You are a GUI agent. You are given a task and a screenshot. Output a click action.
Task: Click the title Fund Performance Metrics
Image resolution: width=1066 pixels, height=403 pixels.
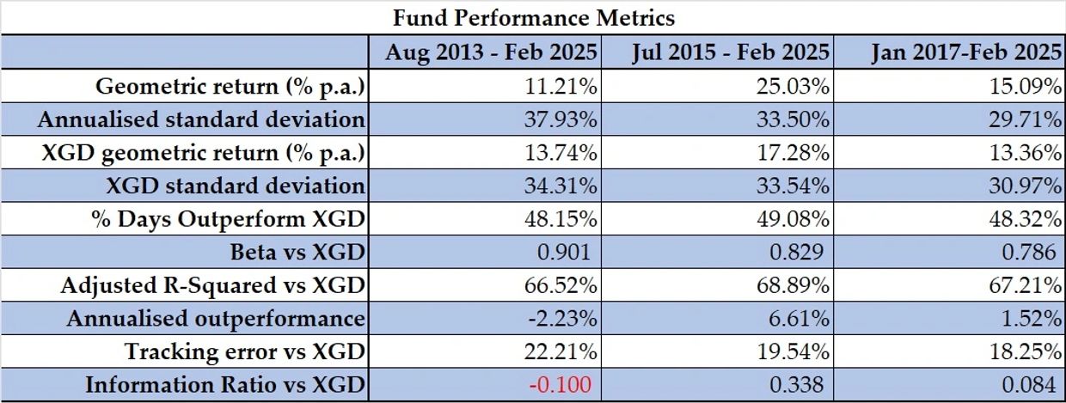point(533,16)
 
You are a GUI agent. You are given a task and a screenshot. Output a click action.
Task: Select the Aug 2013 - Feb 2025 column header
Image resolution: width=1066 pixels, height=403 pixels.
point(490,52)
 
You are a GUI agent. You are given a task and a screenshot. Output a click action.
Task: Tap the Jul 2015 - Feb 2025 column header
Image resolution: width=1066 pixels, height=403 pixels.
point(730,52)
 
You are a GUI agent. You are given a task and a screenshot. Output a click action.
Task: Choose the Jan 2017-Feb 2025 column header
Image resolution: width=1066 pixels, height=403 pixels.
point(965,52)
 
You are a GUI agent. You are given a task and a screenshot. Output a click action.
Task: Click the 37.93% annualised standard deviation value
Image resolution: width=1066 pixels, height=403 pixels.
point(561,119)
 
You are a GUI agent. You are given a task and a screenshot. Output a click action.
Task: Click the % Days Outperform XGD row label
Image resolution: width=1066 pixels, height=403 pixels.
point(228,219)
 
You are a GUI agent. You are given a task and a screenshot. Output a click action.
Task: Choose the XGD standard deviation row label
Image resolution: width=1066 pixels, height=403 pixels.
point(234,186)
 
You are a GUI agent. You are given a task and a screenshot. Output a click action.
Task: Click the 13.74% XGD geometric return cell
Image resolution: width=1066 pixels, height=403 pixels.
point(561,153)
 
